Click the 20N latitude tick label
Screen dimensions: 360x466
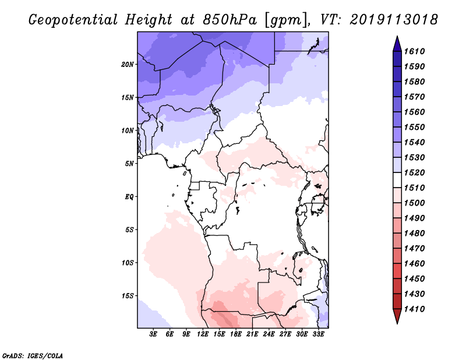click(x=128, y=64)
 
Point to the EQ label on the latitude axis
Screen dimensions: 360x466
click(x=129, y=196)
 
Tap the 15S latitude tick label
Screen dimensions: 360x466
click(x=128, y=295)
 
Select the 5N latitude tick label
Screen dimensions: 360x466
click(x=129, y=164)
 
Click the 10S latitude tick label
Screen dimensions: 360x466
click(x=128, y=263)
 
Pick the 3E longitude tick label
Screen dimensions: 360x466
click(x=154, y=334)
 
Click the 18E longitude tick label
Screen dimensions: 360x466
click(x=220, y=334)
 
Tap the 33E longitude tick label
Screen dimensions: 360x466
click(x=318, y=334)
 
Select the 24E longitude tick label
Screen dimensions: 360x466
click(x=269, y=334)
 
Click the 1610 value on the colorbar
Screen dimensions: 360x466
click(x=416, y=51)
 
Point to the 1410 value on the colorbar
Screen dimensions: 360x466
click(x=416, y=309)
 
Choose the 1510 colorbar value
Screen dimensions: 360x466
click(x=416, y=188)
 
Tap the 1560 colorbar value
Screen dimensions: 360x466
click(x=416, y=112)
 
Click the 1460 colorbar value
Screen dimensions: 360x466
click(x=416, y=263)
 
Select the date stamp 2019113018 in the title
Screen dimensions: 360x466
click(x=394, y=19)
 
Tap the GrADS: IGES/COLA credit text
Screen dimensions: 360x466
click(x=25, y=355)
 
